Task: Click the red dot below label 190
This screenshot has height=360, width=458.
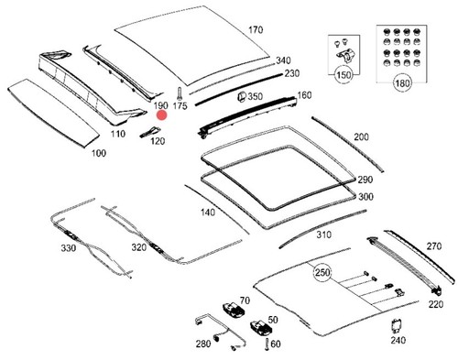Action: click(x=161, y=115)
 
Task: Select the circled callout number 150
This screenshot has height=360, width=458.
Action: click(x=343, y=74)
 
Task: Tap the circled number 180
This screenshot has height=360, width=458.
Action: click(x=402, y=83)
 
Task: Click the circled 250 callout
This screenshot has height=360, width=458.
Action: click(x=322, y=272)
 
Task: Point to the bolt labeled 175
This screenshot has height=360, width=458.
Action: click(x=180, y=93)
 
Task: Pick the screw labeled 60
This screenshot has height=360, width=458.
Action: click(x=267, y=344)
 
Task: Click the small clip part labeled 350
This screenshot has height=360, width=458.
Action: click(x=242, y=96)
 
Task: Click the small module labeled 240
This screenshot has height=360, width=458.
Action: click(x=397, y=326)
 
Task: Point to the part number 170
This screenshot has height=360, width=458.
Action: click(x=256, y=30)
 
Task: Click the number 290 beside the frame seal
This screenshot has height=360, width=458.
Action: click(x=365, y=180)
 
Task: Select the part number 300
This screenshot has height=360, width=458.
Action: click(x=365, y=196)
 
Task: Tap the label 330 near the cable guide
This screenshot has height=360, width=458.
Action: click(x=69, y=248)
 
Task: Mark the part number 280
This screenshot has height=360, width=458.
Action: click(x=203, y=344)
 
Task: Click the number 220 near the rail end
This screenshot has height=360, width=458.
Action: click(x=435, y=304)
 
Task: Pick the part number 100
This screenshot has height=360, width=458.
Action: click(x=99, y=153)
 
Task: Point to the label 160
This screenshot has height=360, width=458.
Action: click(x=304, y=95)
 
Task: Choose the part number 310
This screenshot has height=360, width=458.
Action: click(x=323, y=235)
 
